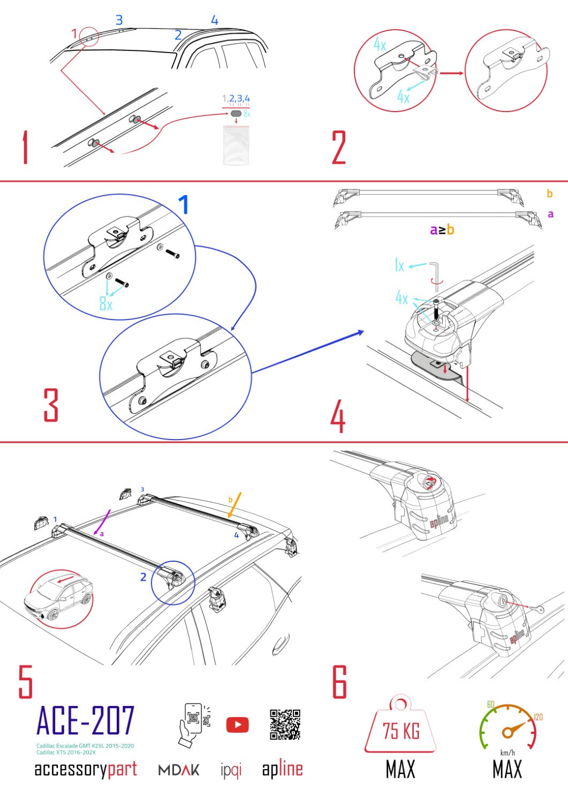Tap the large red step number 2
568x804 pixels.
[x=339, y=147]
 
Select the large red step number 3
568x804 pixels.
[x=51, y=405]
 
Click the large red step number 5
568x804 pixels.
[x=25, y=682]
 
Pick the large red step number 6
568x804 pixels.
[x=339, y=682]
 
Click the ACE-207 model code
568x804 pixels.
[x=85, y=721]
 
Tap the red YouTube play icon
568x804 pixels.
[x=237, y=725]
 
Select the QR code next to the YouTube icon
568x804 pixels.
[x=285, y=725]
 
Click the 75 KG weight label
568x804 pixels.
[x=400, y=731]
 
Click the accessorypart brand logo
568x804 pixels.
[x=86, y=769]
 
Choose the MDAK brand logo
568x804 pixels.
[x=179, y=770]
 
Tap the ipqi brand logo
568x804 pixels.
[x=231, y=770]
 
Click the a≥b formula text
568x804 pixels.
[x=442, y=230]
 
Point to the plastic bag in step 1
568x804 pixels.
[x=236, y=145]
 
